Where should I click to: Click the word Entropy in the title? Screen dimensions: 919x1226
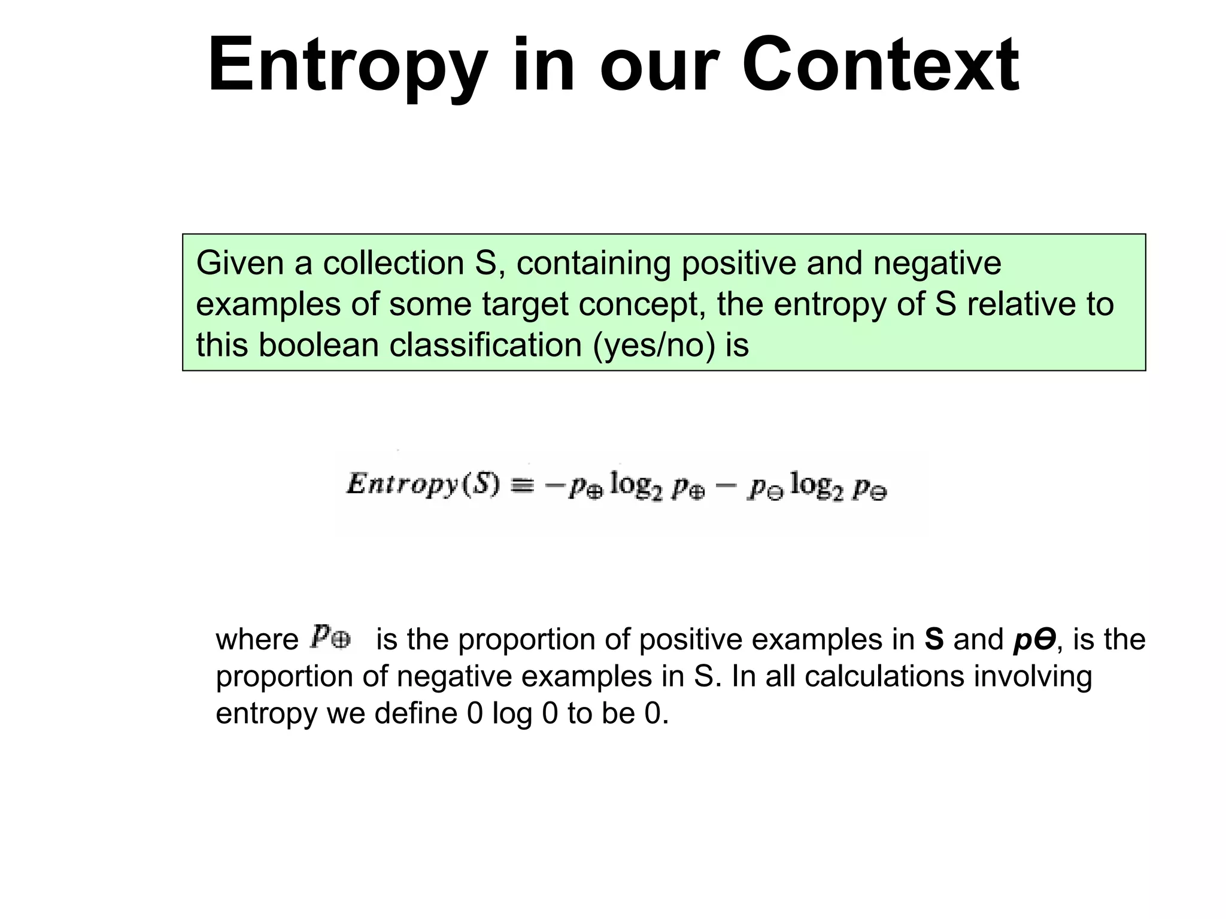point(347,66)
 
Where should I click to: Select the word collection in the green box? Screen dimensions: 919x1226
point(393,264)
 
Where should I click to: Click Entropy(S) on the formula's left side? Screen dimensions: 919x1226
point(423,484)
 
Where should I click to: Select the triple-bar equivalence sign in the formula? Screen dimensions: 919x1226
point(521,485)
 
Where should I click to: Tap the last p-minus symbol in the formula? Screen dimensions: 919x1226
point(870,489)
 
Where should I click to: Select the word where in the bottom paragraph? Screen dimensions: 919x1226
point(257,639)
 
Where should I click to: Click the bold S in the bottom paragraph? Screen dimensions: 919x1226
point(934,639)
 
